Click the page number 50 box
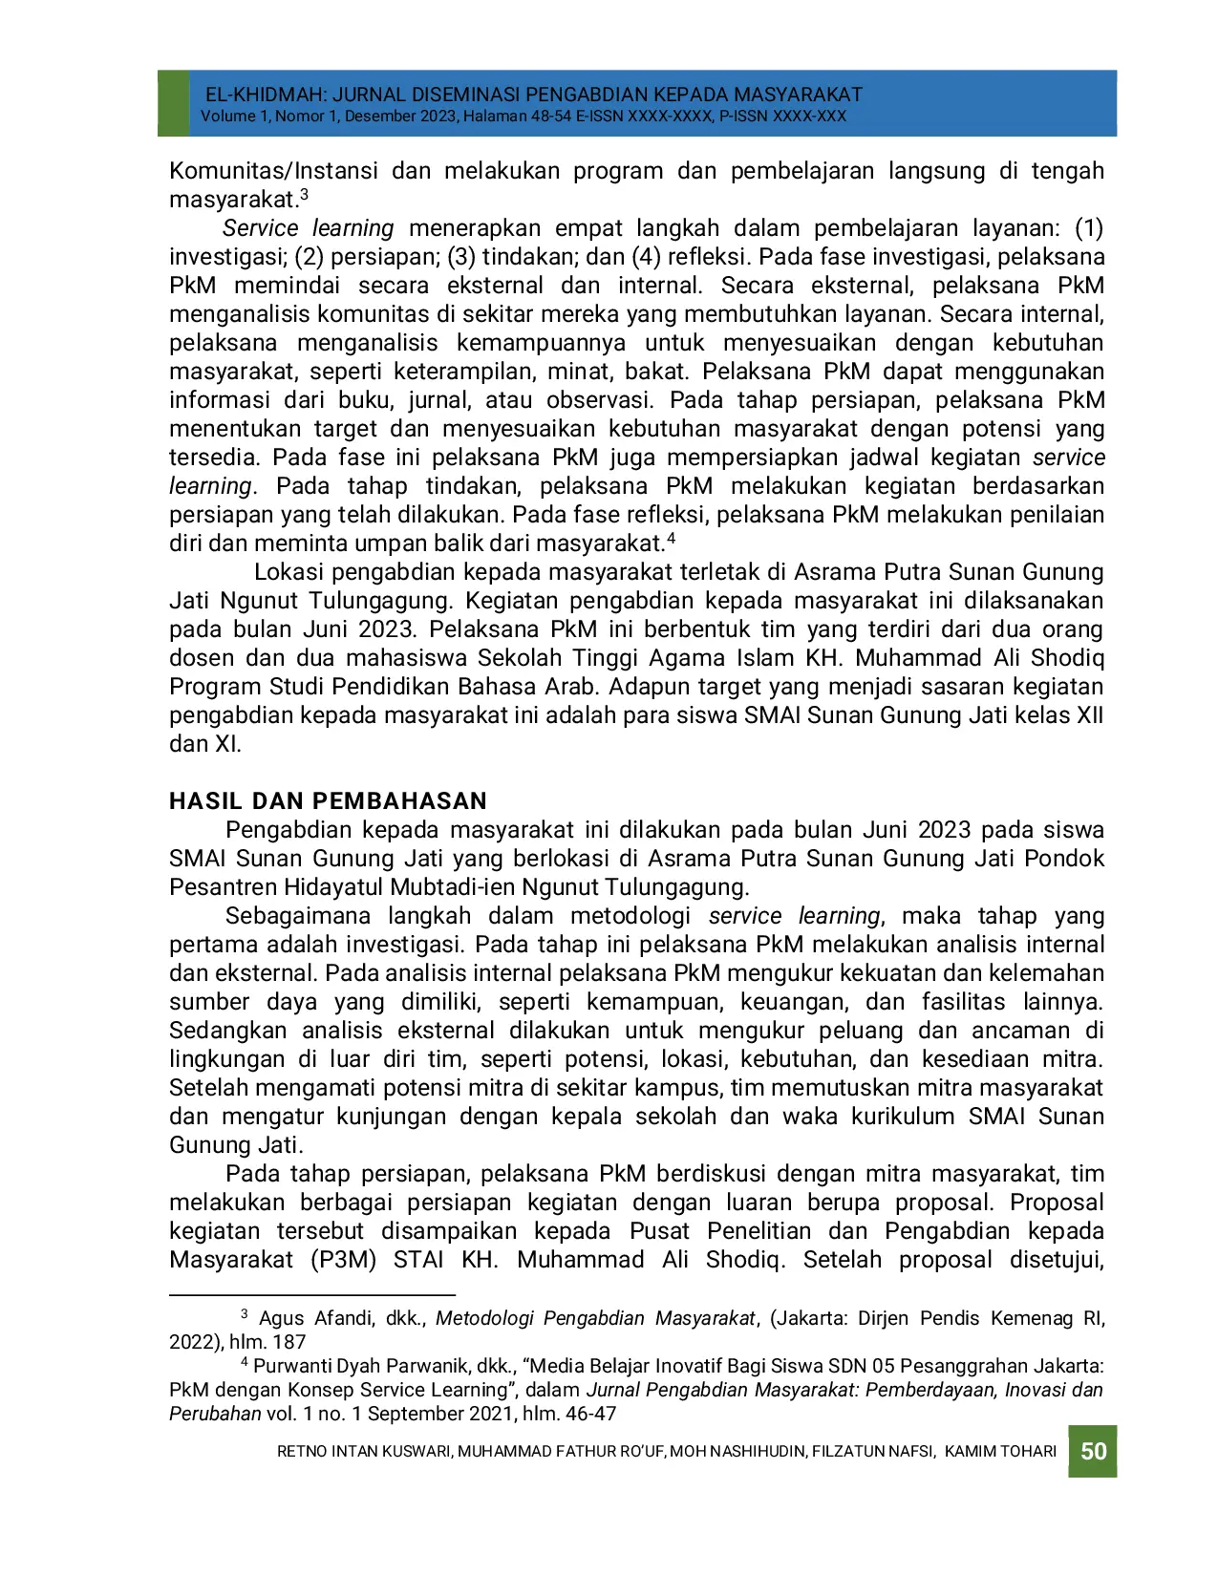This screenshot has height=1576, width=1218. point(1093,1451)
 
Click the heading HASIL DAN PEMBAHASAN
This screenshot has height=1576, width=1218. point(328,800)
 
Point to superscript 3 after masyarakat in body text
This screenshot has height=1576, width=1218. point(304,195)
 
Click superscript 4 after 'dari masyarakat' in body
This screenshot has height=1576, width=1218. point(671,539)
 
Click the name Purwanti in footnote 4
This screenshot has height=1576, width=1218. point(289,1366)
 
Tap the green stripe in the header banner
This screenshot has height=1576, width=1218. point(173,102)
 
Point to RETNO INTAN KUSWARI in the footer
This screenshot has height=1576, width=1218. point(364,1451)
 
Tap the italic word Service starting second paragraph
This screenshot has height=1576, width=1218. point(260,228)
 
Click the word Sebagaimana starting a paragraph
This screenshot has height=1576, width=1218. point(297,916)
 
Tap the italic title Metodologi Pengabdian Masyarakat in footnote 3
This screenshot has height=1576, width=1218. point(594,1318)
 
